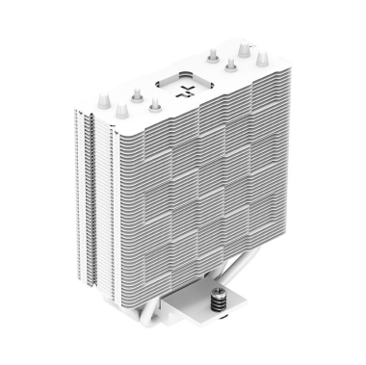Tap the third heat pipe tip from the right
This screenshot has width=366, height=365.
pyautogui.click(x=229, y=63)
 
